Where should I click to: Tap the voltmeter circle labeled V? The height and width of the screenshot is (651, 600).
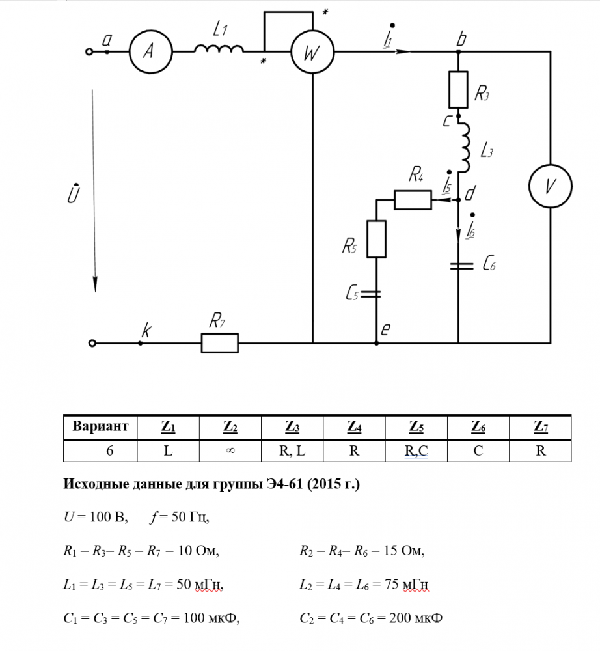[550, 186]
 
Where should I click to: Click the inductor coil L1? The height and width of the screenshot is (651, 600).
[219, 49]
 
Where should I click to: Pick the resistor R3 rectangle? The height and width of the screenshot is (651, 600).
[459, 89]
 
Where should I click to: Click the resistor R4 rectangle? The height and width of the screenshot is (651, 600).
[413, 200]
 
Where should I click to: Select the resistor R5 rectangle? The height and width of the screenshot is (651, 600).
[377, 240]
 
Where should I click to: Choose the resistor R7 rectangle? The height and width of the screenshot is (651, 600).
[219, 342]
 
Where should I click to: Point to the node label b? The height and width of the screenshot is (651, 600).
[461, 39]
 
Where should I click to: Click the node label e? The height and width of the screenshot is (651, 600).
[385, 331]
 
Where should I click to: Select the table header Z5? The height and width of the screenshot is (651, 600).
[416, 427]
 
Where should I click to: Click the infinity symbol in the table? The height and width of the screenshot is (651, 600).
[230, 450]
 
